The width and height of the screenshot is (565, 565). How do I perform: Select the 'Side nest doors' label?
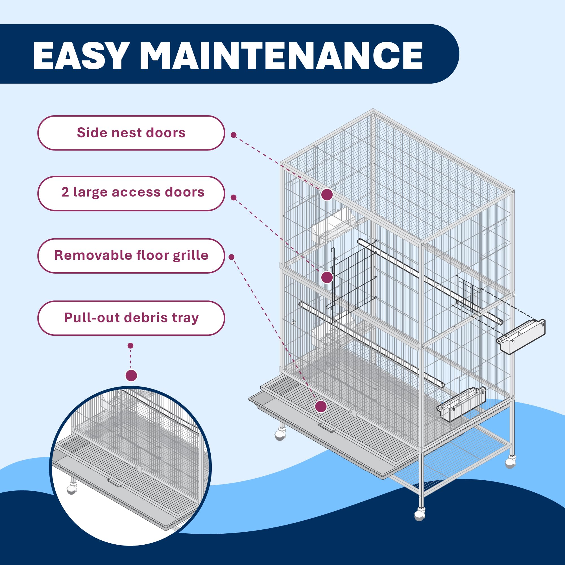(x=131, y=133)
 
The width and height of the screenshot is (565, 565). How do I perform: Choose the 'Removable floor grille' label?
(x=131, y=256)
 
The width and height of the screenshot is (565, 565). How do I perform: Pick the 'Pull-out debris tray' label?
(x=131, y=318)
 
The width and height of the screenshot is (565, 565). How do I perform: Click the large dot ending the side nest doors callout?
(x=327, y=195)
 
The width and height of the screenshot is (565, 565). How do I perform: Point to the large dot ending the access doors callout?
(x=327, y=277)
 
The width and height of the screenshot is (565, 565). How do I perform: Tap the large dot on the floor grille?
(x=321, y=406)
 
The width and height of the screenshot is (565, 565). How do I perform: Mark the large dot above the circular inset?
(x=131, y=375)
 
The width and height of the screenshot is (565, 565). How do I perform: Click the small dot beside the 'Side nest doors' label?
(x=233, y=135)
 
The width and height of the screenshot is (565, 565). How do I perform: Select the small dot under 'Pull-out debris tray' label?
(x=131, y=346)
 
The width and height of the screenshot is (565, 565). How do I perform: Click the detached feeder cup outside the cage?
(x=521, y=336)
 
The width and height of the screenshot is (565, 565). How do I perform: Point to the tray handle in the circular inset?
(x=114, y=482)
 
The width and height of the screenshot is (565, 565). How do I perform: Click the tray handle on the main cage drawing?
(x=327, y=427)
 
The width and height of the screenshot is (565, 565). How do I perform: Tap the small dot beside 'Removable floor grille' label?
(x=231, y=257)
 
